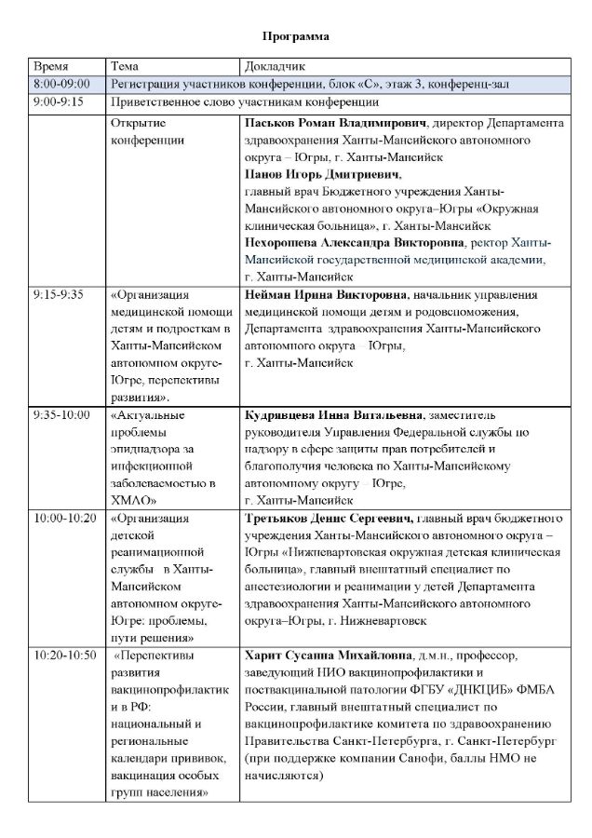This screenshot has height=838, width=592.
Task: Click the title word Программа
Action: click(295, 36)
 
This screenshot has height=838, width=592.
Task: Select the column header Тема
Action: click(125, 68)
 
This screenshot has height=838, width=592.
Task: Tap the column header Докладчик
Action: click(274, 68)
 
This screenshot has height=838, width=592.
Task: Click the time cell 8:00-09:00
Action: click(62, 85)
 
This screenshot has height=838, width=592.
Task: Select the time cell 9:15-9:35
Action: click(58, 294)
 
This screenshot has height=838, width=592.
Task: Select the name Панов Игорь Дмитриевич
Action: click(309, 174)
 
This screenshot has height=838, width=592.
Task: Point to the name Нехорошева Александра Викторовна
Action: click(353, 242)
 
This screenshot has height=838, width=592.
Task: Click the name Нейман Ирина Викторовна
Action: click(326, 294)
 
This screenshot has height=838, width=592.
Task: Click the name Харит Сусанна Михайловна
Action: click(329, 656)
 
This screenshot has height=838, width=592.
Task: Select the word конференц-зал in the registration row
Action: click(474, 85)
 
